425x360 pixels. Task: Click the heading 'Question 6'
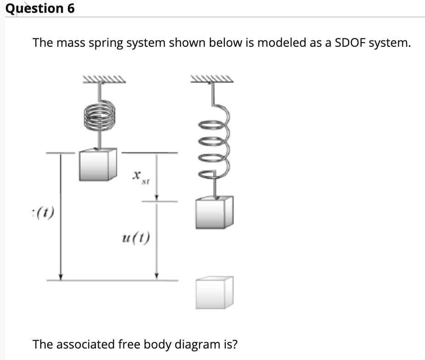(40, 8)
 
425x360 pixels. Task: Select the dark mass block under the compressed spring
(96, 164)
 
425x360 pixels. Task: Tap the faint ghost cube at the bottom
(214, 292)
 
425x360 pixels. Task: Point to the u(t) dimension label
(136, 238)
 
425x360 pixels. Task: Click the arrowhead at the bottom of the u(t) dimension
(157, 276)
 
